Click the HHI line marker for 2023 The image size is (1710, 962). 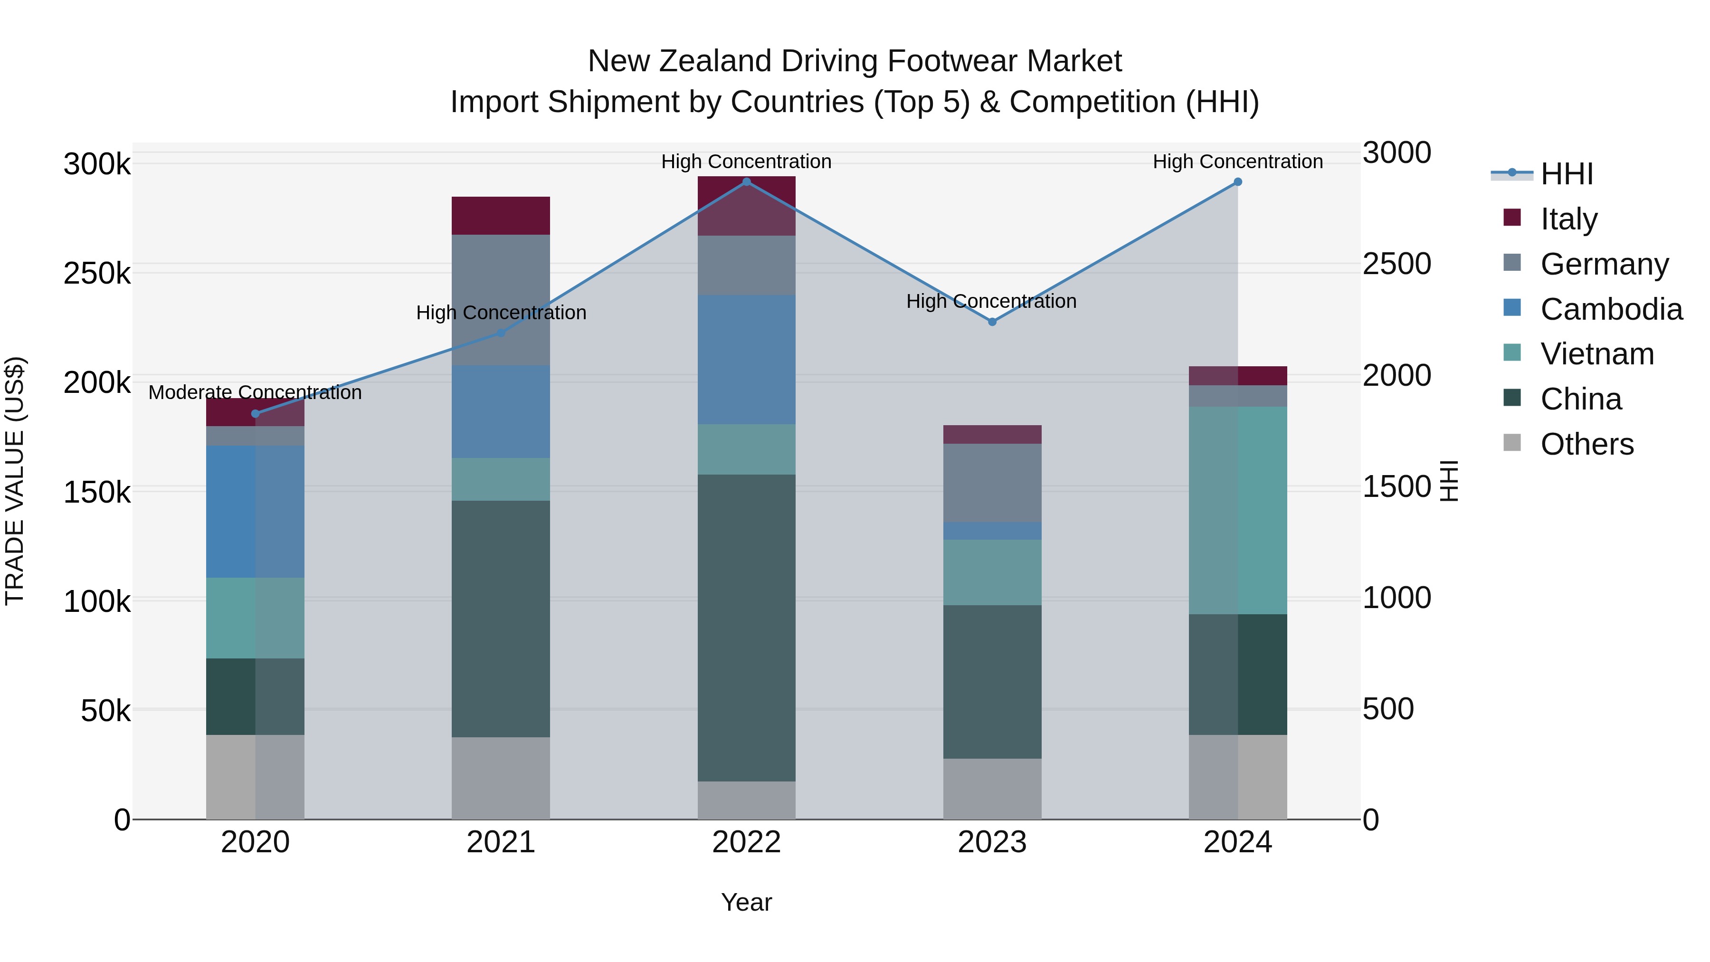tap(992, 322)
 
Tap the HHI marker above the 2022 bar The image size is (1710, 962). tap(746, 182)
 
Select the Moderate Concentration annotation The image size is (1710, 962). tap(255, 392)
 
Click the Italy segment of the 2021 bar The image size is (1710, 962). tap(501, 216)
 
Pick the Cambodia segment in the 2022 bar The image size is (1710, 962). tap(746, 359)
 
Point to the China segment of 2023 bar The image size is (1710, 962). tap(992, 681)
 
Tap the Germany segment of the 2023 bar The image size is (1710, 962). tap(992, 483)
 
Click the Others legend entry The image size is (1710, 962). tap(1586, 444)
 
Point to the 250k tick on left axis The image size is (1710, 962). tap(97, 273)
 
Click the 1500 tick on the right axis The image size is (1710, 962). tap(1396, 486)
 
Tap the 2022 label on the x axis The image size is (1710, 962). tap(746, 842)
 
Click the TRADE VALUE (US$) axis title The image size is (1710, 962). tap(15, 481)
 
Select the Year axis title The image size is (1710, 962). tap(746, 902)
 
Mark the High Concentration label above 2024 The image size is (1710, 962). tap(1237, 162)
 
